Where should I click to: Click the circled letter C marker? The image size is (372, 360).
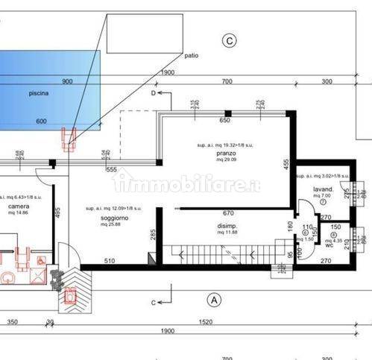tap(230, 40)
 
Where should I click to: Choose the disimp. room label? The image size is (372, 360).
tap(227, 225)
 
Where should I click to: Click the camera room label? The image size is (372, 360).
tap(19, 206)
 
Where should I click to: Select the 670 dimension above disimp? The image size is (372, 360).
tap(228, 212)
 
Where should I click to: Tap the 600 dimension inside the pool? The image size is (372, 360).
tap(41, 121)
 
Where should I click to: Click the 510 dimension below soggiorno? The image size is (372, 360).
tap(109, 260)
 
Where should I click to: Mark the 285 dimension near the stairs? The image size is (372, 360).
tap(153, 236)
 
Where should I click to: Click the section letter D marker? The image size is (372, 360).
tap(153, 94)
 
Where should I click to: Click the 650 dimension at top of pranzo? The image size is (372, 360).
tap(224, 120)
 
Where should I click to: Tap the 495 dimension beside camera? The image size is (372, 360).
tap(56, 211)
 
